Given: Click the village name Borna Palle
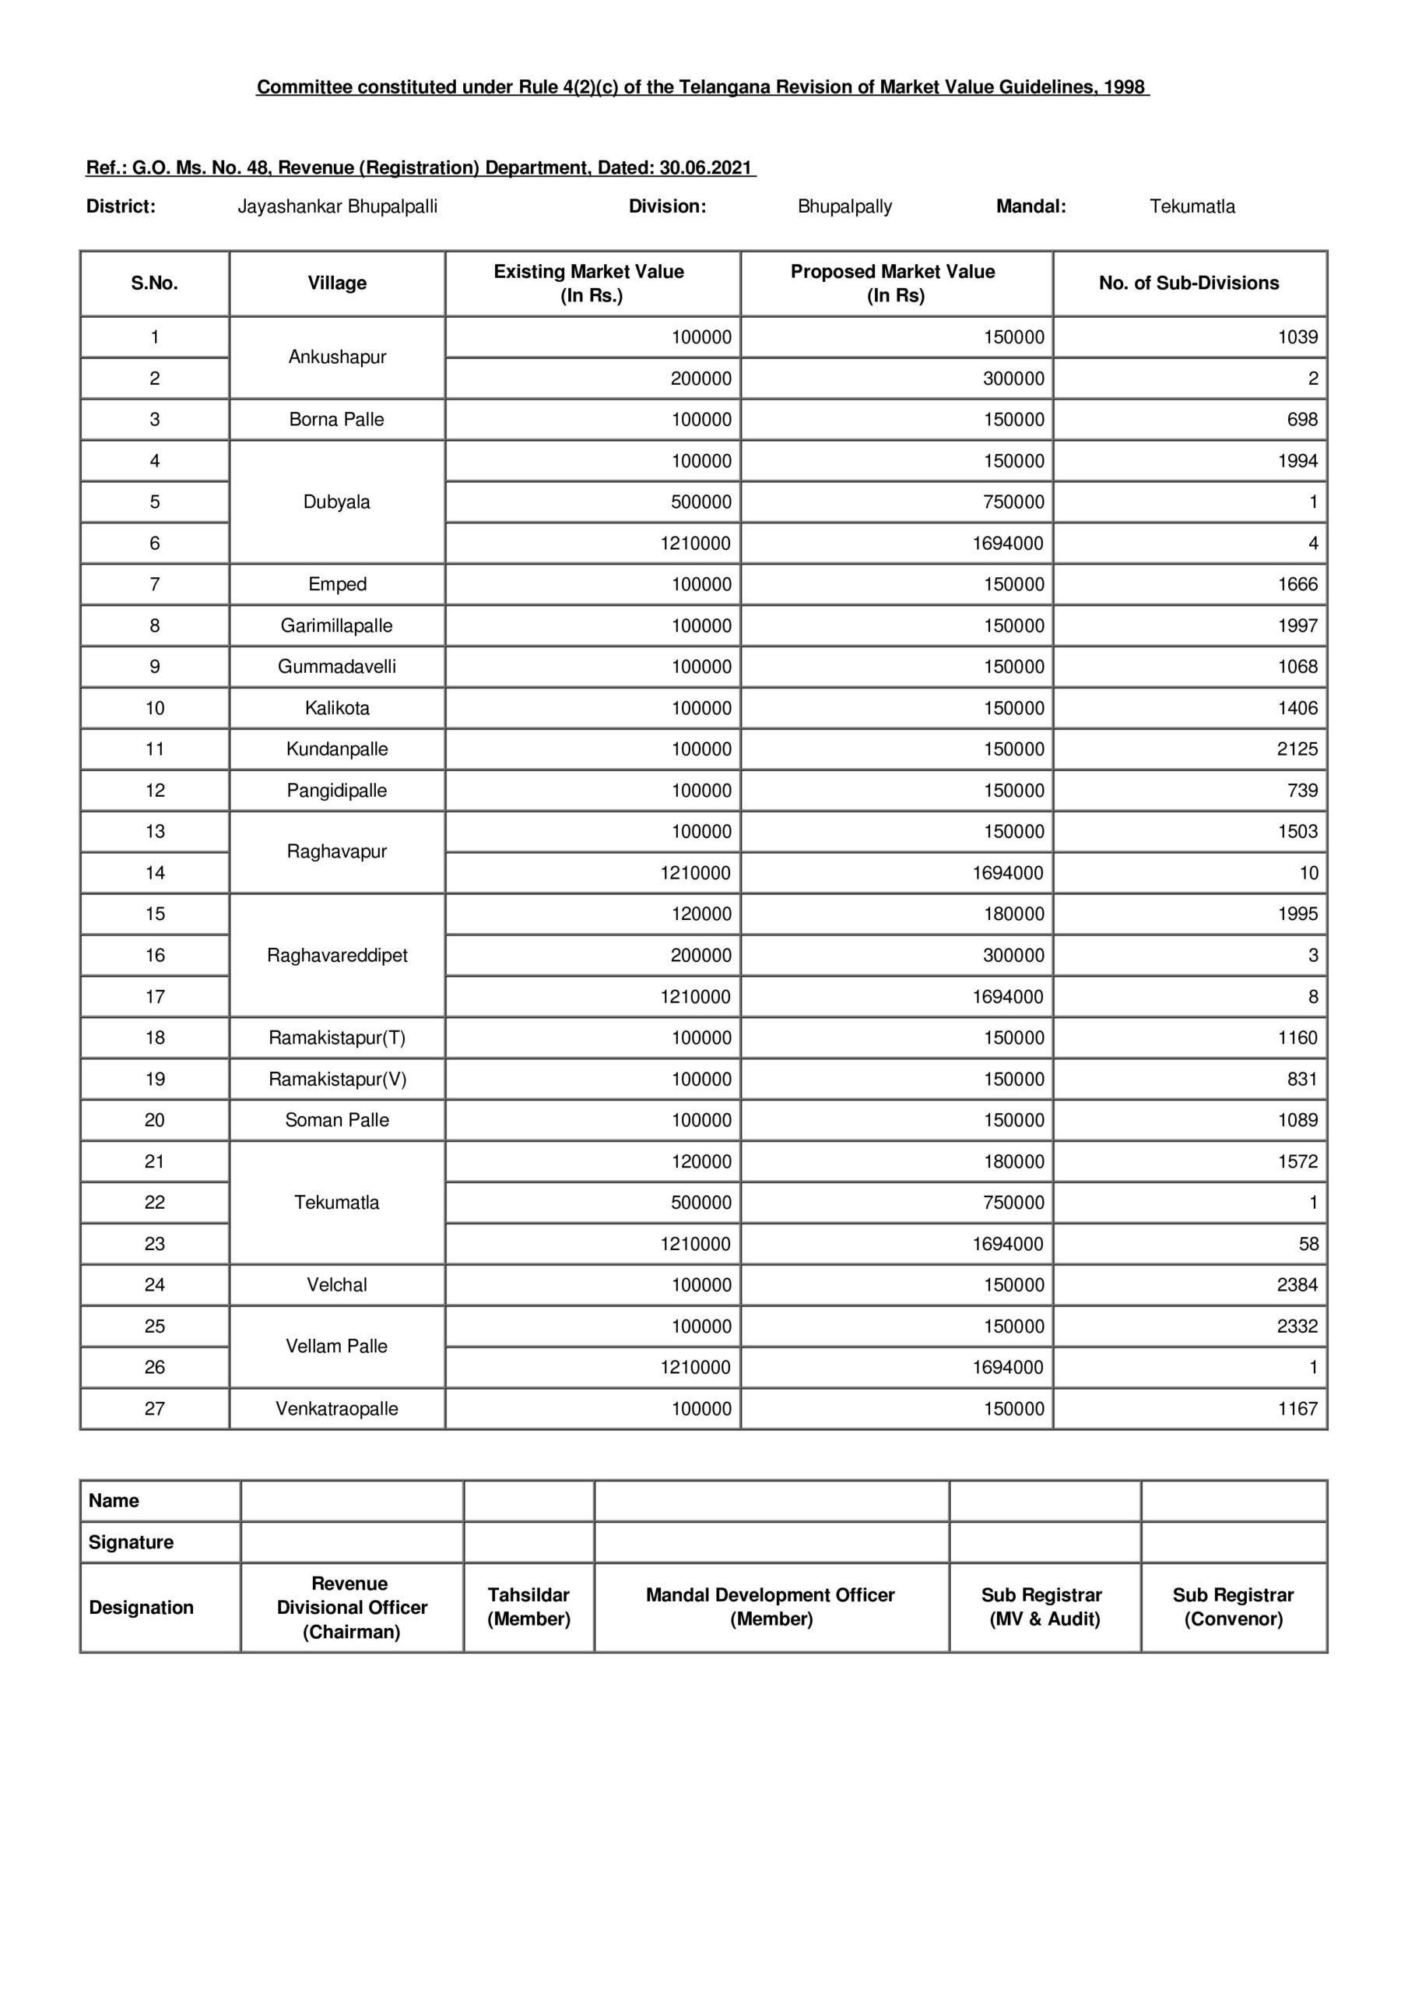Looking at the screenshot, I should pyautogui.click(x=336, y=420).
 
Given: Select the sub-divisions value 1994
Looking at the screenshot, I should pyautogui.click(x=1297, y=461).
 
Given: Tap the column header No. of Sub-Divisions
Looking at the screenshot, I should pyautogui.click(x=1189, y=283).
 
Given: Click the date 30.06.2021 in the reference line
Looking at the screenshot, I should pyautogui.click(x=705, y=167).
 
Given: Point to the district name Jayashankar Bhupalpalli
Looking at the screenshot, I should pyautogui.click(x=337, y=206).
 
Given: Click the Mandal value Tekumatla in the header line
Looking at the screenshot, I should pyautogui.click(x=1191, y=206).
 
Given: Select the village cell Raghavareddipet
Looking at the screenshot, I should pyautogui.click(x=337, y=955).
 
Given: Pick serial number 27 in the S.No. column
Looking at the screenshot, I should pyautogui.click(x=155, y=1409).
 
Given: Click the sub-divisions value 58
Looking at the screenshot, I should pyautogui.click(x=1308, y=1244).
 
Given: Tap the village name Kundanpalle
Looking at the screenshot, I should pyautogui.click(x=337, y=749).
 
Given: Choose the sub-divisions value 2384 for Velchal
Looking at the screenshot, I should pyautogui.click(x=1297, y=1284).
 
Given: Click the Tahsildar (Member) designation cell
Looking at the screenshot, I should pyautogui.click(x=528, y=1607).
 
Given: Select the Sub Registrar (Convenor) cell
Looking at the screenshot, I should pyautogui.click(x=1233, y=1607).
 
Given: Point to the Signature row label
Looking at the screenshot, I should pyautogui.click(x=131, y=1542).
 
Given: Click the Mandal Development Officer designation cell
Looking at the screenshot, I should pyautogui.click(x=771, y=1607).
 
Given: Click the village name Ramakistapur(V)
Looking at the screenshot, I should pyautogui.click(x=337, y=1079).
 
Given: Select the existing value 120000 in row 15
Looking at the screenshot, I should pyautogui.click(x=700, y=914).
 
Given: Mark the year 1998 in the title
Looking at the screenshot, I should pyautogui.click(x=1124, y=88).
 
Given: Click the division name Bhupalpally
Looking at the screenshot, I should pyautogui.click(x=844, y=206).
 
